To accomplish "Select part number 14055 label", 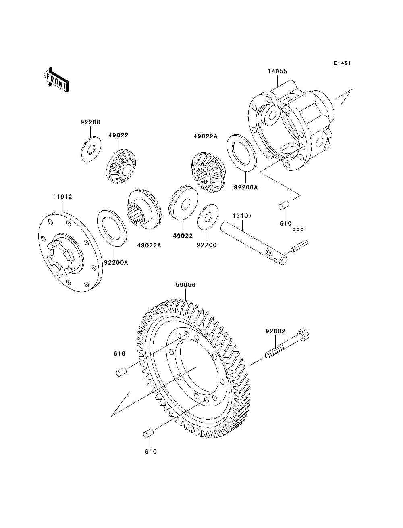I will click(x=277, y=71).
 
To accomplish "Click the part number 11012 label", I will click(x=62, y=197).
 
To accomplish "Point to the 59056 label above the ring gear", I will click(x=185, y=285).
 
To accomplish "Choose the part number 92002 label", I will click(x=275, y=331).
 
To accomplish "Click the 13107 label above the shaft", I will click(x=242, y=216).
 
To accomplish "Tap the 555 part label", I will click(x=298, y=229).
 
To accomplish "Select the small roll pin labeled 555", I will click(x=300, y=246).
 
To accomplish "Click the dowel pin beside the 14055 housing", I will click(x=285, y=206).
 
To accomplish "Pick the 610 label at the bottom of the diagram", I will click(x=150, y=452).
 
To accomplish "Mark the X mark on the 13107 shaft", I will click(x=268, y=254).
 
